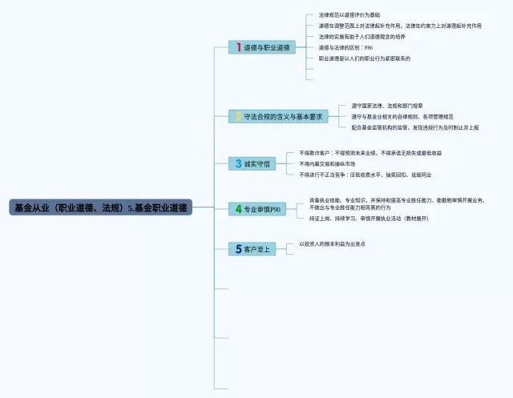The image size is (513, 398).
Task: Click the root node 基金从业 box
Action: tap(100, 207)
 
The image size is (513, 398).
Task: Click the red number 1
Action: tap(238, 47)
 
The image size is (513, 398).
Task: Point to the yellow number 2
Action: tap(237, 116)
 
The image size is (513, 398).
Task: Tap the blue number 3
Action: tap(238, 163)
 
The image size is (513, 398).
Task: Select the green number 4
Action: tap(238, 209)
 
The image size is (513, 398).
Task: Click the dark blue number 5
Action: tap(238, 249)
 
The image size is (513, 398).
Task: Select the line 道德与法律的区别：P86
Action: tap(345, 47)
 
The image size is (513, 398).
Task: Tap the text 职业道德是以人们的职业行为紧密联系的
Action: tap(364, 58)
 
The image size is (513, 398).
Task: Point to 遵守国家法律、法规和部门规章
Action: tap(387, 106)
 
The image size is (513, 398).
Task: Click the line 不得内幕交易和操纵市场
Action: tap(326, 163)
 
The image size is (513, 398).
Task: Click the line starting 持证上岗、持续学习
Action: tap(368, 218)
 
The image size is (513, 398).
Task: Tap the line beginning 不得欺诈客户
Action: tap(370, 153)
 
